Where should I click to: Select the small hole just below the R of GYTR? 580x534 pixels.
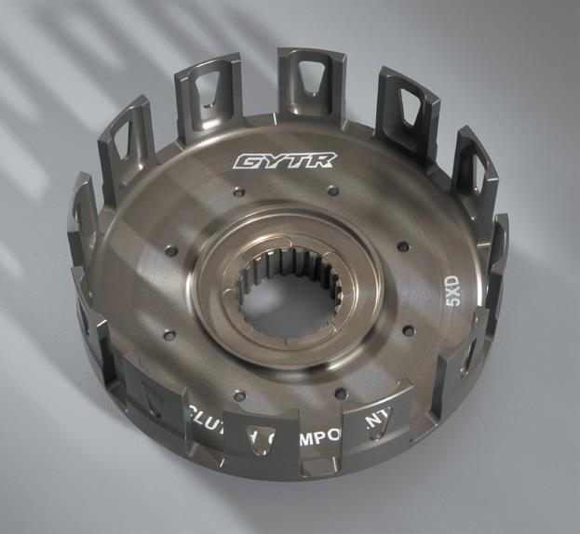(x=332, y=193)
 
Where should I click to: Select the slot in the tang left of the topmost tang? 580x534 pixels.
(x=209, y=96)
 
